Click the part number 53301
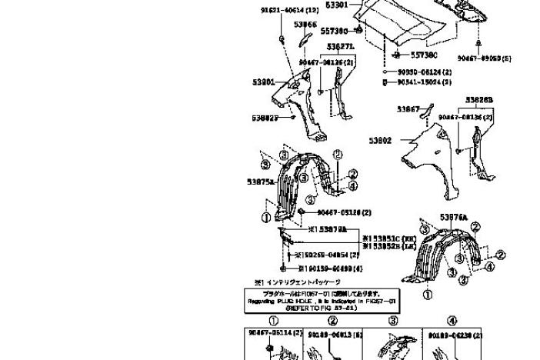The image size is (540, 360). coord(336,5)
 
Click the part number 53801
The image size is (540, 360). coord(263,81)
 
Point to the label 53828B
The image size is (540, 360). coord(478,99)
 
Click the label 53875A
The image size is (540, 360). coord(260,182)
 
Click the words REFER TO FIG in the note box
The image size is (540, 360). coord(313,307)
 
